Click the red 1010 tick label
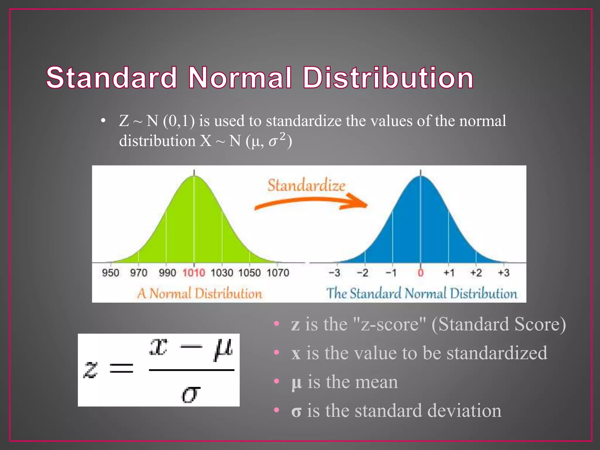194,273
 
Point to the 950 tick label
110,273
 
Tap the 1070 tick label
278,273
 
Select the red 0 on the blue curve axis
421,273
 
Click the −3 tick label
334,273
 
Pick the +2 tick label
476,273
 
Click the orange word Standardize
306,186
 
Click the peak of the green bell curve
194,177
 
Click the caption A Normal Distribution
200,294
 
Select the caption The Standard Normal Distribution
422,294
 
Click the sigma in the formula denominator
191,394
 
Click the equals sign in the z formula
121,368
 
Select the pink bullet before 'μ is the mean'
276,381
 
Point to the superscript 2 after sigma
282,136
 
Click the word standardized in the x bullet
497,353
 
